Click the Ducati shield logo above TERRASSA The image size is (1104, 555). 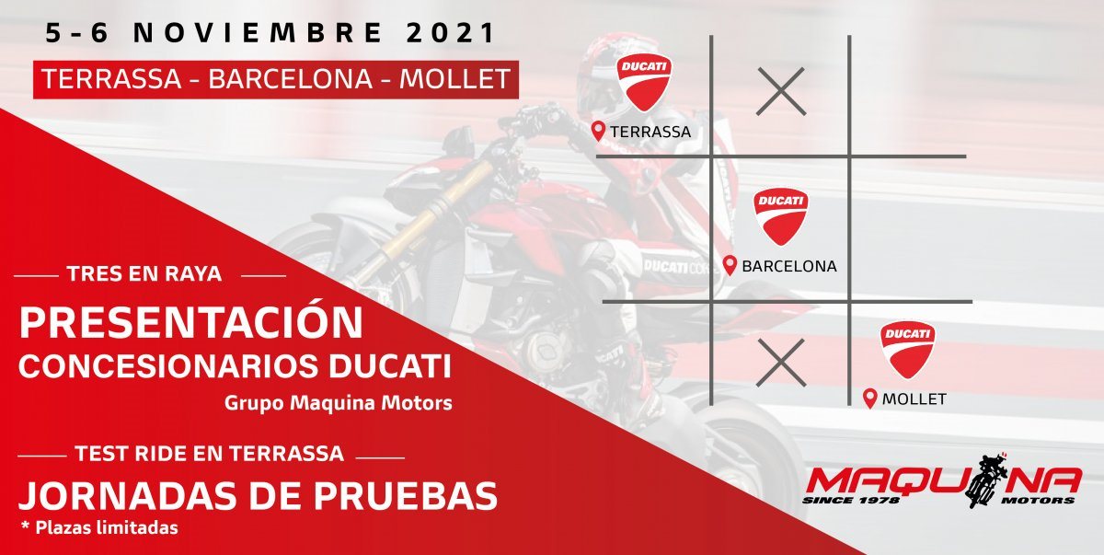pyautogui.click(x=644, y=82)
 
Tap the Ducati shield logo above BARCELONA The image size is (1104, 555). pyautogui.click(x=781, y=216)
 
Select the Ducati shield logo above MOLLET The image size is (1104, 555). pyautogui.click(x=908, y=350)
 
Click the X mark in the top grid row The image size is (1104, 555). pyautogui.click(x=781, y=92)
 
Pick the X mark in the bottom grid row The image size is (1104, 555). pyautogui.click(x=781, y=363)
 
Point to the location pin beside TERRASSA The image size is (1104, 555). pyautogui.click(x=598, y=131)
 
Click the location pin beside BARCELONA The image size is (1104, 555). pyautogui.click(x=730, y=266)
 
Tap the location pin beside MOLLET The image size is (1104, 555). pyautogui.click(x=870, y=399)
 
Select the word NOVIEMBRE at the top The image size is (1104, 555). pyautogui.click(x=258, y=33)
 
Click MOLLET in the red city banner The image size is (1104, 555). pyautogui.click(x=454, y=79)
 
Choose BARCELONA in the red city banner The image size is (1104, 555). pyautogui.click(x=291, y=79)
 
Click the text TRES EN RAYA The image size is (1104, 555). pyautogui.click(x=144, y=273)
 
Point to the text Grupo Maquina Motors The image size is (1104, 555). pyautogui.click(x=339, y=403)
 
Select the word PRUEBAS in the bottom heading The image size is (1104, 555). pyautogui.click(x=406, y=496)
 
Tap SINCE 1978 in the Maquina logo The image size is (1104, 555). pyautogui.click(x=851, y=501)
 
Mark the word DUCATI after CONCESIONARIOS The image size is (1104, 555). pyautogui.click(x=390, y=366)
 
